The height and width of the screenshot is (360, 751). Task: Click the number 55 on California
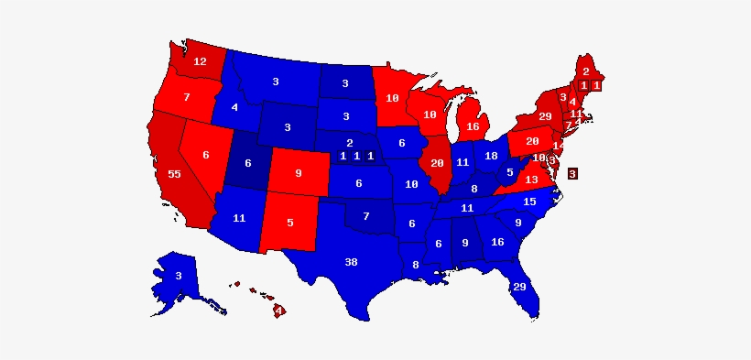coord(174,174)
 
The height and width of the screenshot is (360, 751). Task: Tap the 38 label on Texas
coord(351,262)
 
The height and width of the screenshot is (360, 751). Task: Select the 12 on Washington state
coord(200,62)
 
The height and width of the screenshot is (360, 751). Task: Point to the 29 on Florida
coord(519,288)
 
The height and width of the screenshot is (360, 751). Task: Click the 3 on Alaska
coord(179,276)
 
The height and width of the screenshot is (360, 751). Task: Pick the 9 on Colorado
coord(298,171)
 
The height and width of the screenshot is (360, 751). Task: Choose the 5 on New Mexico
coord(290,221)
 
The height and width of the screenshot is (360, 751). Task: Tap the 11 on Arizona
coord(239,218)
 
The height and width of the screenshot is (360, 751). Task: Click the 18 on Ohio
coord(491,156)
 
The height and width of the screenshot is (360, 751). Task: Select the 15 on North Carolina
coord(529,202)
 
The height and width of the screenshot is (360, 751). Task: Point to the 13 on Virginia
coord(531,180)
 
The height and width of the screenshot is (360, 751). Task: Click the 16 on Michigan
coord(473,126)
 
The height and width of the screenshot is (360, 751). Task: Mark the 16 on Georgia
coord(497,242)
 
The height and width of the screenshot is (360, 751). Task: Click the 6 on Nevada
coord(206,155)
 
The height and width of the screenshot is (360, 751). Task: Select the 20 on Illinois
coord(437,163)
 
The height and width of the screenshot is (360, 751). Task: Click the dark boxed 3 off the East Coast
coord(572,173)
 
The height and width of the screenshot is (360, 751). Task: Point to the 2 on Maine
coord(586,71)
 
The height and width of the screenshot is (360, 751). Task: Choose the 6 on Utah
coord(247,163)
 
